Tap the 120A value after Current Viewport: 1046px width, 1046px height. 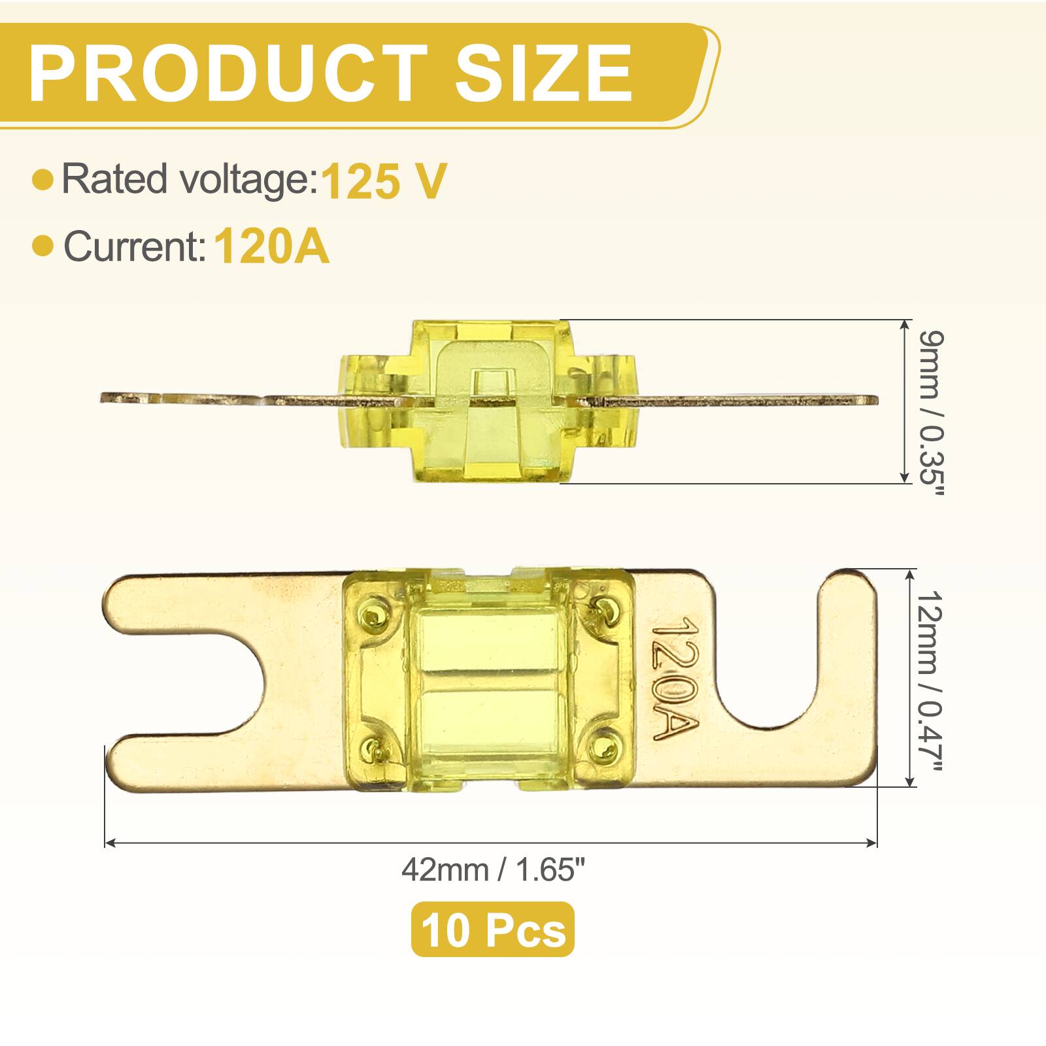271,246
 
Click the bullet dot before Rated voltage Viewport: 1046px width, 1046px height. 42,180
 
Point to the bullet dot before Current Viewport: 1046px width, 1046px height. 42,246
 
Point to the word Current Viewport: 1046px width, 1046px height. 135,246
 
